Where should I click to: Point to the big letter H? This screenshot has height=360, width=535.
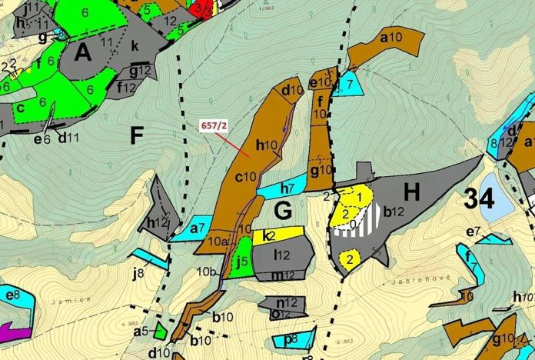tap(412, 193)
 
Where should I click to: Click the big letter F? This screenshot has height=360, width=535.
tap(137, 137)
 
